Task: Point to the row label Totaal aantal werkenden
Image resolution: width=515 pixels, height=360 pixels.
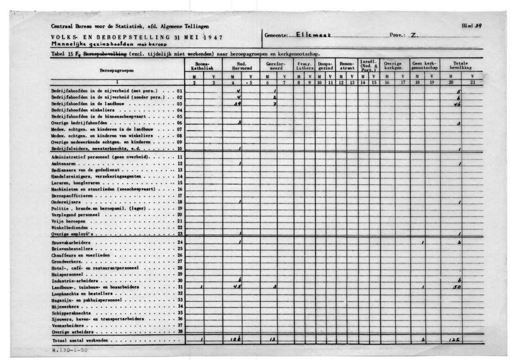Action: click(80, 340)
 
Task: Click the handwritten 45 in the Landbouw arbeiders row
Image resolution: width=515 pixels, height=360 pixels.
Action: click(239, 287)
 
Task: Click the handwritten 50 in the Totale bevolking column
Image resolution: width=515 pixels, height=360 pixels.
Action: click(456, 287)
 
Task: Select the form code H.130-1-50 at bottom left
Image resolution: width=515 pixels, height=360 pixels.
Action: click(69, 351)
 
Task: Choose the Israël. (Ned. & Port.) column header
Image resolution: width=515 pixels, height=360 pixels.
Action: click(369, 66)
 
